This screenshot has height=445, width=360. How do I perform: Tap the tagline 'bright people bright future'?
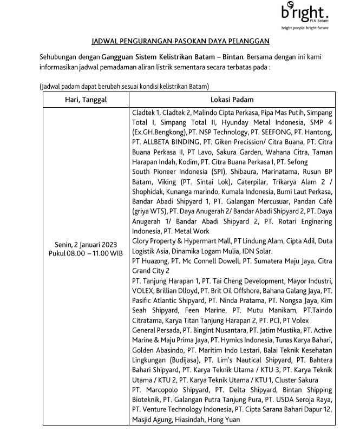305,27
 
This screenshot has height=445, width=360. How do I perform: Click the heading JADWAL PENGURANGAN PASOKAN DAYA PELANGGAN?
181,41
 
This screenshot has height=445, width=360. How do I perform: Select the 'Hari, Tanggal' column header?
86,100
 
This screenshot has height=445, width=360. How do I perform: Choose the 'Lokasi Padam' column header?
232,100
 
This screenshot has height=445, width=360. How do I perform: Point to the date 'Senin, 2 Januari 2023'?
86,245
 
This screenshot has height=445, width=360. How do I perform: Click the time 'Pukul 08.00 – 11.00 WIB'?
86,253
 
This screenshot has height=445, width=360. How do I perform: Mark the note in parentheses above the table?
125,86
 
